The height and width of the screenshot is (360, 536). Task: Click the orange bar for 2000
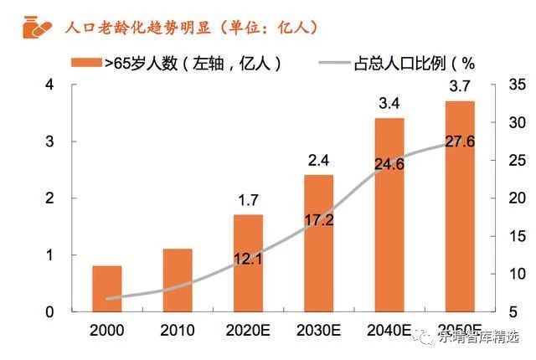[106, 288]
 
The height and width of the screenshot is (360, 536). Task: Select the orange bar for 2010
[178, 280]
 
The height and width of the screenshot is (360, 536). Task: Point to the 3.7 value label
[460, 87]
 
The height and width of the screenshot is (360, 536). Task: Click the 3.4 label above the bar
[389, 105]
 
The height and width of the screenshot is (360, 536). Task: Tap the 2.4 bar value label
[318, 161]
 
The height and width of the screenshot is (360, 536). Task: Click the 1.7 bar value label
[248, 201]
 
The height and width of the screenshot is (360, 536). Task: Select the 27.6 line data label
[460, 141]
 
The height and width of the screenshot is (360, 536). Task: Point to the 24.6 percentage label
[389, 164]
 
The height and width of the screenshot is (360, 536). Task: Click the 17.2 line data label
[318, 221]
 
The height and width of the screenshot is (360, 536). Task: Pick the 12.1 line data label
[248, 260]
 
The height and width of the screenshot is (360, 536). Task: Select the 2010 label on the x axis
[178, 329]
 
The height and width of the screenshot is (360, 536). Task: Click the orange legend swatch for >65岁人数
[86, 63]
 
